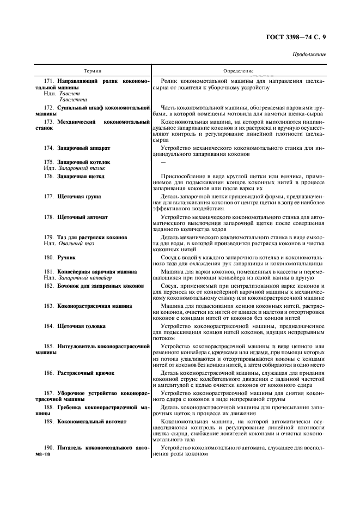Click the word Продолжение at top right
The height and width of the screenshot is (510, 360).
click(x=309, y=55)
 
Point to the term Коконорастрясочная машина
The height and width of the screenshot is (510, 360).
click(x=94, y=306)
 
